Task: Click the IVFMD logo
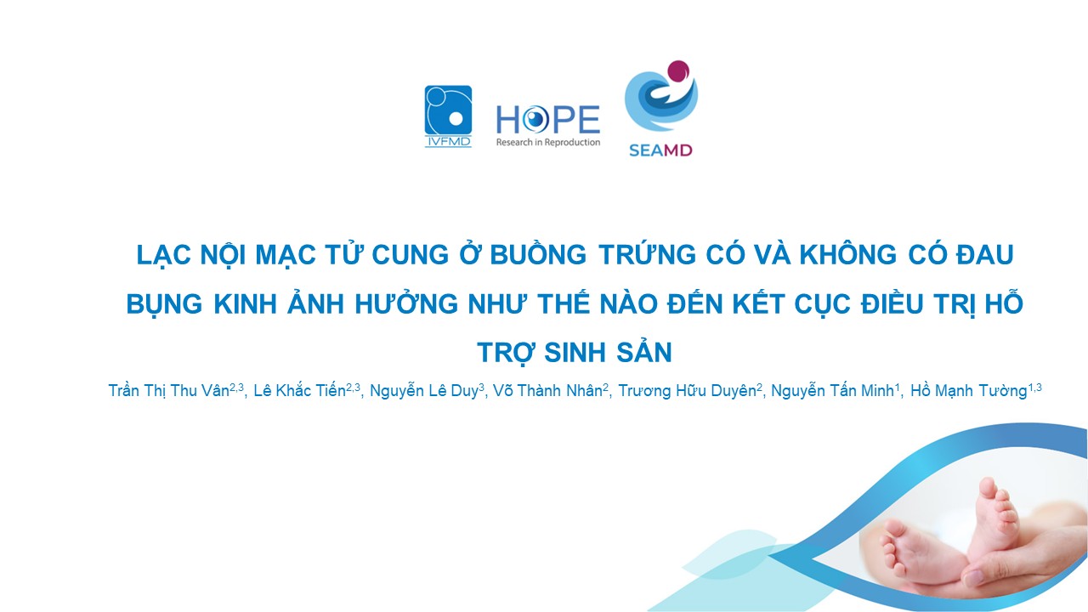coord(448,116)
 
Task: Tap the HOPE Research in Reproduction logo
coord(548,126)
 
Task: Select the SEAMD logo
coord(661,108)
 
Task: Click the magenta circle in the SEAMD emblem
coord(678,72)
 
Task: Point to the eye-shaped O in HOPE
coord(535,120)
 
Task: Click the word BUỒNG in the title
coord(538,254)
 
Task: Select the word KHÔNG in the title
coord(848,254)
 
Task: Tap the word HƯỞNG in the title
coord(406,303)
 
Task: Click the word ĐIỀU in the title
coord(892,303)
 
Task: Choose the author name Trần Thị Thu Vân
coord(168,390)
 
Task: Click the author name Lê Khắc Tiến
coord(300,390)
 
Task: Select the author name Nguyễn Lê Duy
coord(424,390)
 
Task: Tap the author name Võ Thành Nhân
coord(548,390)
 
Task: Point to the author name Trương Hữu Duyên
coord(687,390)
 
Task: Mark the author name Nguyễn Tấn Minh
coord(832,390)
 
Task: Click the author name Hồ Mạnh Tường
coord(968,390)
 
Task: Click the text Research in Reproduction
coord(548,142)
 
